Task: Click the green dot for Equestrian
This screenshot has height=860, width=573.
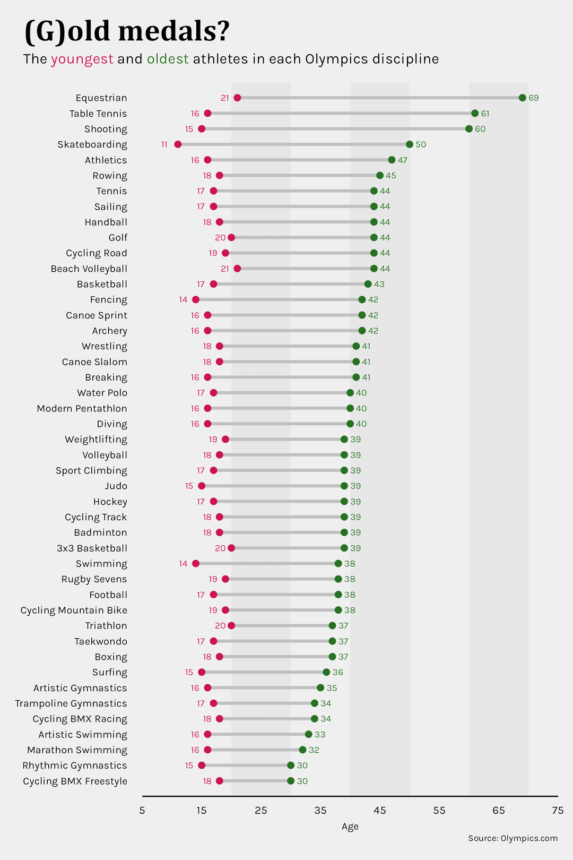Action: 522,98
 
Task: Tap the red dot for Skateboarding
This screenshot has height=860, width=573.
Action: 178,144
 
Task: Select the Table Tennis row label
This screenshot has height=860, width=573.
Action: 98,114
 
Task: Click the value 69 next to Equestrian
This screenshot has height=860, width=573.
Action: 533,98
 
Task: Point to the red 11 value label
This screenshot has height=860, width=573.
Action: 164,145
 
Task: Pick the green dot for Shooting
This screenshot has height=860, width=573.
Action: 468,129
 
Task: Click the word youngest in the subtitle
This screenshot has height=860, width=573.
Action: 82,59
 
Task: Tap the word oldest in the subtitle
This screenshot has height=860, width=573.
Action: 168,59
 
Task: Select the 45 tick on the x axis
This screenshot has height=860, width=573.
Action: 380,811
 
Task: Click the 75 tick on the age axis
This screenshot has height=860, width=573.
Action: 558,811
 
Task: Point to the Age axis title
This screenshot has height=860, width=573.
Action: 350,827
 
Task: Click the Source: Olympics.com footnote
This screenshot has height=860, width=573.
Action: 513,838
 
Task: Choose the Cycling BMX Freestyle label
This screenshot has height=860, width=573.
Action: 75,781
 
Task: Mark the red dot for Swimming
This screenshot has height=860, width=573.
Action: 196,563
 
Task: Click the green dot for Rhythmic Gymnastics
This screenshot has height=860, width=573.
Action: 291,766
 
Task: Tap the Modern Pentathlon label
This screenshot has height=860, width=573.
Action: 82,409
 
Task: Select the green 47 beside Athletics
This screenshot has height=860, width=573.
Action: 403,160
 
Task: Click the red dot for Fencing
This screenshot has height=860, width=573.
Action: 196,299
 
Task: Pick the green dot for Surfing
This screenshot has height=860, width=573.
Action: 326,672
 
